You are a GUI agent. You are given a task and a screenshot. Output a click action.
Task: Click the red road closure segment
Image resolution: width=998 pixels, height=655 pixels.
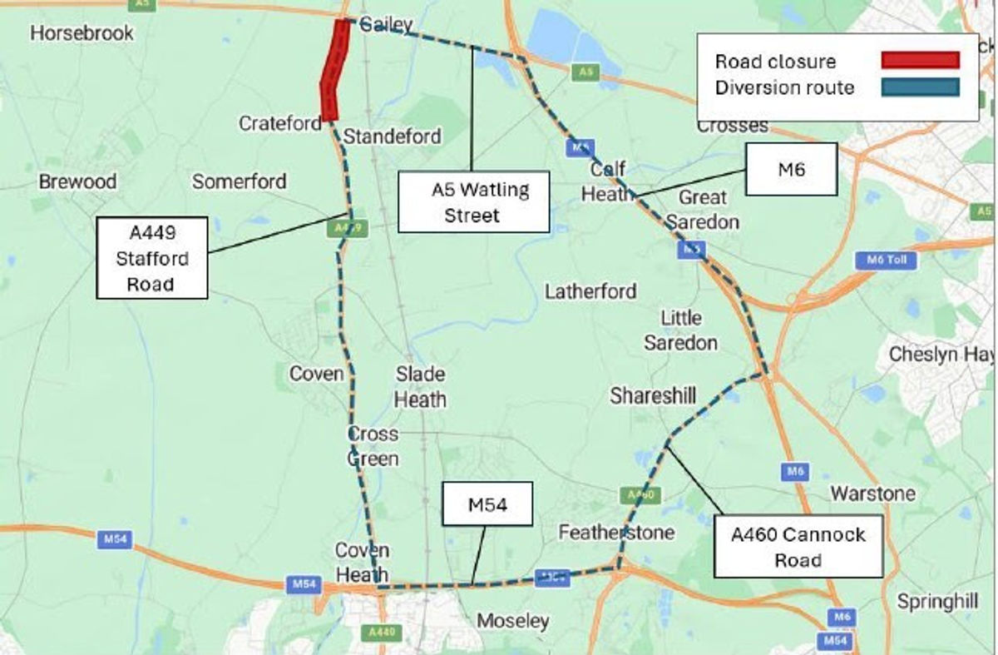pyautogui.click(x=333, y=71)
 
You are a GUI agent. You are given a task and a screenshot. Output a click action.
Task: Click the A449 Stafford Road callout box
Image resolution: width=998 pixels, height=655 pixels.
pyautogui.click(x=151, y=258)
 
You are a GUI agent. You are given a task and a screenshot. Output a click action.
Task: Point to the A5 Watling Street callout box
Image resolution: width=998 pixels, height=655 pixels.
pyautogui.click(x=473, y=202)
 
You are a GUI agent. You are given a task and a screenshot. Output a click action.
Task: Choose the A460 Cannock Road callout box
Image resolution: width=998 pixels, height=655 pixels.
pyautogui.click(x=798, y=547)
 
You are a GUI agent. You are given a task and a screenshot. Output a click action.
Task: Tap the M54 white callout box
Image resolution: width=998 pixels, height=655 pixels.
pyautogui.click(x=487, y=504)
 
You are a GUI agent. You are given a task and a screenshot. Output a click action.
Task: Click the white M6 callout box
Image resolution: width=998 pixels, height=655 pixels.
pyautogui.click(x=790, y=170)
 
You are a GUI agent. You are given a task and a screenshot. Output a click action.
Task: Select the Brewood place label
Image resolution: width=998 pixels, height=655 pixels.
pyautogui.click(x=78, y=181)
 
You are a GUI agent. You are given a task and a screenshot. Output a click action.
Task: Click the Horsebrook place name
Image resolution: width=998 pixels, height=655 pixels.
pyautogui.click(x=82, y=33)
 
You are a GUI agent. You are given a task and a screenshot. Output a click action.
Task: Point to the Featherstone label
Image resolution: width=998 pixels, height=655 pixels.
pyautogui.click(x=616, y=532)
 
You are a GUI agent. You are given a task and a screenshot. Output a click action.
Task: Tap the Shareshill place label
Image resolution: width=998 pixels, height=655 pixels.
pyautogui.click(x=653, y=396)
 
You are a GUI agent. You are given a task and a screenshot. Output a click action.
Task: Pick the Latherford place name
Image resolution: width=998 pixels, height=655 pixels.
pyautogui.click(x=590, y=291)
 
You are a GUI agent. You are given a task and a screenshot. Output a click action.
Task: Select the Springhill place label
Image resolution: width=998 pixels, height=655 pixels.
pyautogui.click(x=937, y=601)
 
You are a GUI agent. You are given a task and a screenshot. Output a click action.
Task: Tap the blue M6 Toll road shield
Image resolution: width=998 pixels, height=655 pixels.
pyautogui.click(x=886, y=261)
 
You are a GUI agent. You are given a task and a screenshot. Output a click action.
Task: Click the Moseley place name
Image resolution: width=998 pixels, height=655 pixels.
pyautogui.click(x=513, y=621)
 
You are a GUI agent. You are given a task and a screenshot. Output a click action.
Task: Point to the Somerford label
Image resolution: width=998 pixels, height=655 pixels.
pyautogui.click(x=240, y=181)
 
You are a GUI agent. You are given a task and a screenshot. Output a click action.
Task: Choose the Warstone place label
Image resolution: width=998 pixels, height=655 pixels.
pyautogui.click(x=872, y=494)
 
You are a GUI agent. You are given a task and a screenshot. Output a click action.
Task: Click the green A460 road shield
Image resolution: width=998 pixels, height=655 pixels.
pyautogui.click(x=640, y=495)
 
